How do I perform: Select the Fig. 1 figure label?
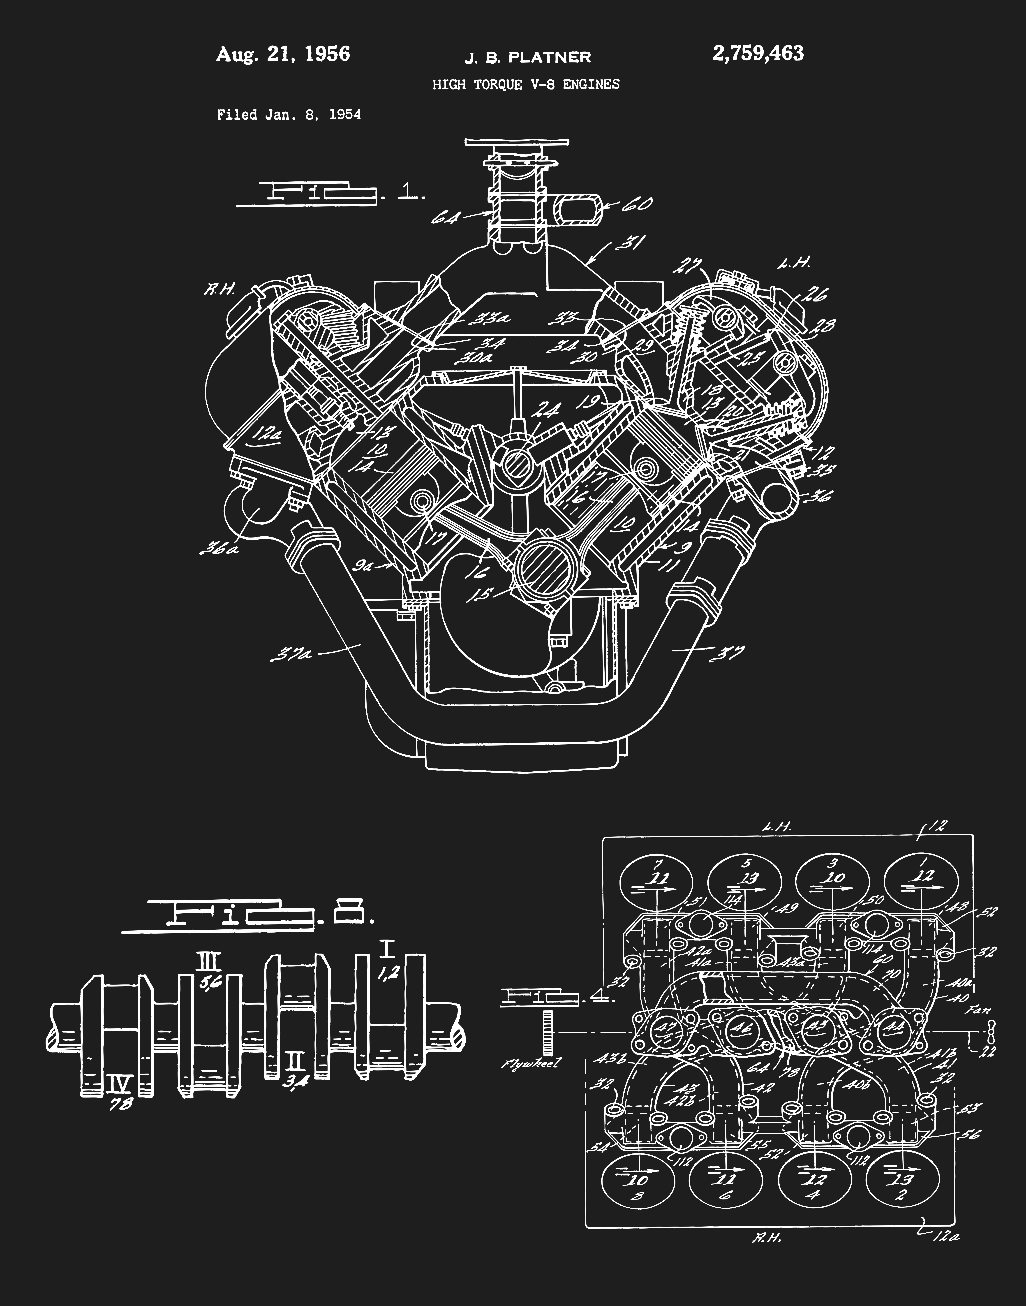330,193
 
